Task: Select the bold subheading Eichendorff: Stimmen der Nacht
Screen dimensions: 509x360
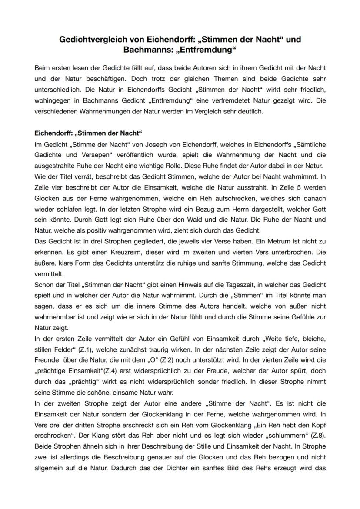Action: (x=88, y=132)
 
